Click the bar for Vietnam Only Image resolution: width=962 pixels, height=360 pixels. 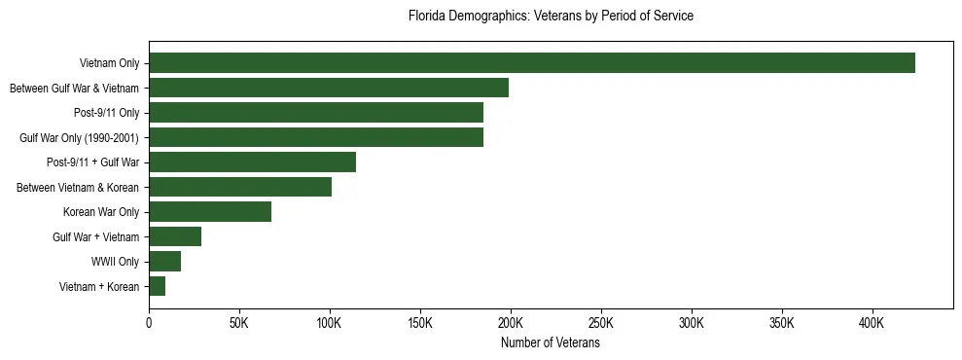click(532, 63)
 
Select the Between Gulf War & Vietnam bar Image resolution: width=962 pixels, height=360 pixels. click(329, 89)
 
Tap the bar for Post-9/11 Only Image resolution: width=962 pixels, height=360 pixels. click(316, 113)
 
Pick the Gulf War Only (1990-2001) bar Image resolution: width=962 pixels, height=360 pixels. click(316, 137)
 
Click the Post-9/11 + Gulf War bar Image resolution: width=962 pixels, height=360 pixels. click(252, 162)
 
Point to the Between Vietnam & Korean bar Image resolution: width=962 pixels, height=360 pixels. click(240, 187)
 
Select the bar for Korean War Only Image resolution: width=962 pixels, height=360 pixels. click(210, 212)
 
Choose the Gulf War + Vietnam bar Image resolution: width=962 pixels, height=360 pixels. click(175, 236)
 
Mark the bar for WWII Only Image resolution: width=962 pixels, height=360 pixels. click(164, 262)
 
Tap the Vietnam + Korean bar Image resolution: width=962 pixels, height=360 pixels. click(157, 286)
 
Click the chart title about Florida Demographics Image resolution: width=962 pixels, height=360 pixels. click(551, 17)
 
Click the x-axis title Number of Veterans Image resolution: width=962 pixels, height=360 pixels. click(551, 343)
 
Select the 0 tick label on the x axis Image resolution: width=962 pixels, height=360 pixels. click(149, 322)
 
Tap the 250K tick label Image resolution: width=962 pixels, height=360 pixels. click(601, 322)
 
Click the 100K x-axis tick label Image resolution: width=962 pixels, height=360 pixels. click(330, 322)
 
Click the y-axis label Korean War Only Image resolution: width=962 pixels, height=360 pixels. click(101, 212)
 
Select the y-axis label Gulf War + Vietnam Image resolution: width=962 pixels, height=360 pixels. click(95, 237)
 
